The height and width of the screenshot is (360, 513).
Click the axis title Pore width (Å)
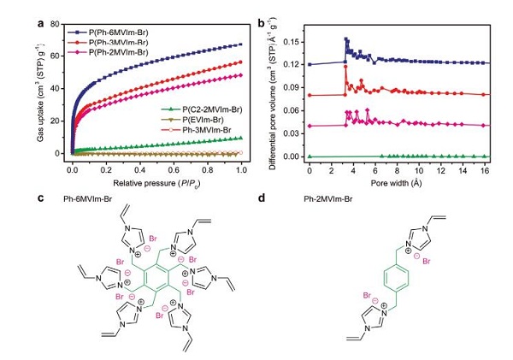[x=398, y=182]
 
